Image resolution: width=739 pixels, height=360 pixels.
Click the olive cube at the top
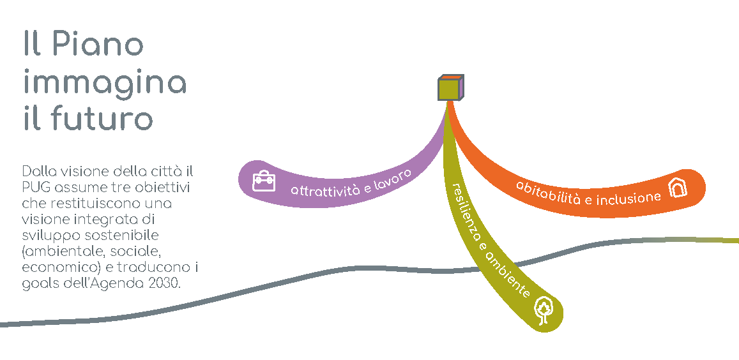[450, 88]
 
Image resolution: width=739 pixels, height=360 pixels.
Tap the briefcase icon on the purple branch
[263, 181]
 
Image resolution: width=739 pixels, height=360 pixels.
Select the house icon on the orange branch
[678, 187]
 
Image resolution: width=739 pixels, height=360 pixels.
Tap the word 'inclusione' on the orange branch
[628, 198]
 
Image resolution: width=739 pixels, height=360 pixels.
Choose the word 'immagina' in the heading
[105, 83]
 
